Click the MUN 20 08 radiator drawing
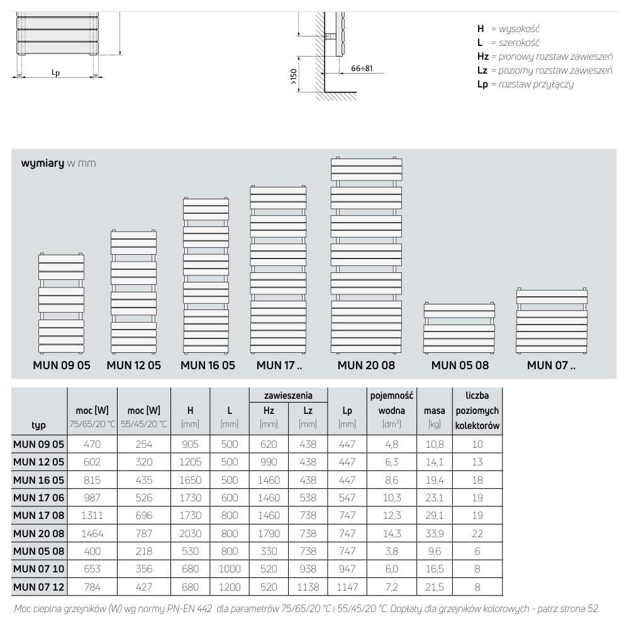coord(366,255)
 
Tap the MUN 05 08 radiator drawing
coord(459,327)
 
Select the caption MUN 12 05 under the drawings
coord(133,365)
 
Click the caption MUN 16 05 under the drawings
coord(208,365)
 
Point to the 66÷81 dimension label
coord(362,68)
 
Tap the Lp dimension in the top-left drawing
coord(55,73)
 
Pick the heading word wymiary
coord(42,164)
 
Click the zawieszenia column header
coord(288,396)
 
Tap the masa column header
coord(435,411)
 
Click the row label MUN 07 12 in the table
coord(39,587)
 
